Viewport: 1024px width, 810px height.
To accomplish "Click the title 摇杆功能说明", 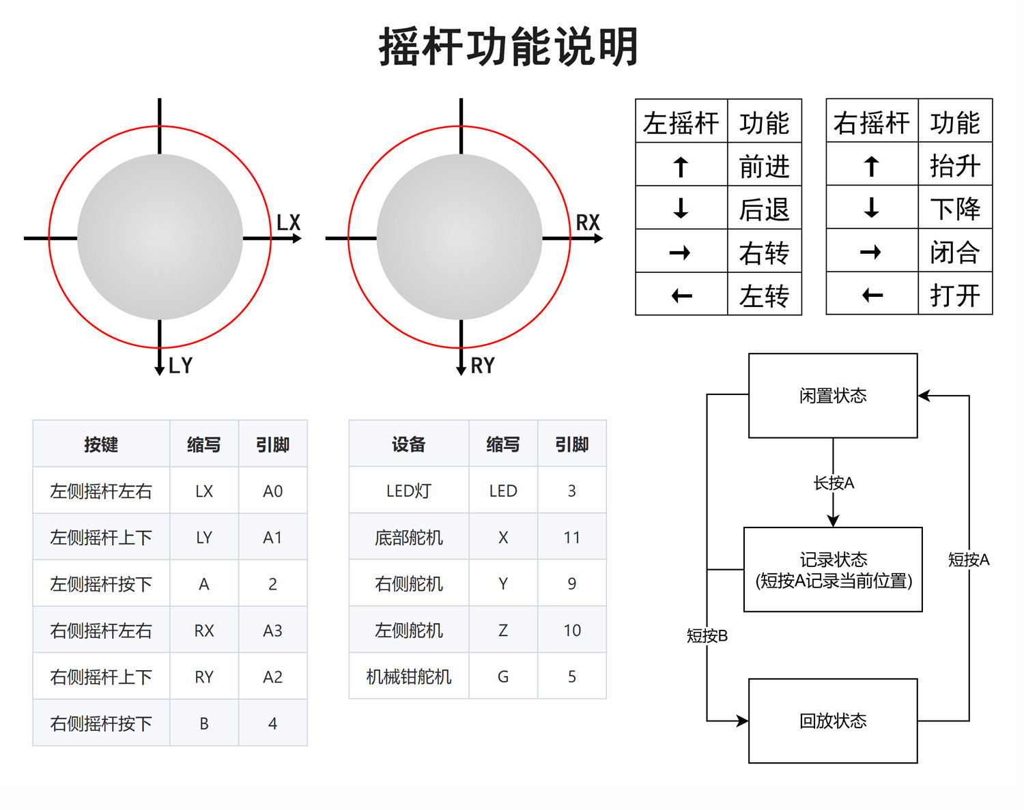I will [x=509, y=47].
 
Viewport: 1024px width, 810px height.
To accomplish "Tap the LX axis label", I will [x=288, y=222].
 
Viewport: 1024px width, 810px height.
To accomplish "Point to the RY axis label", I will [x=483, y=366].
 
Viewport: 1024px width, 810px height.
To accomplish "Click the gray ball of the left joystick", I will [x=160, y=237].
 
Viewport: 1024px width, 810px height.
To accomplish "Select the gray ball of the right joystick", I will [x=459, y=237].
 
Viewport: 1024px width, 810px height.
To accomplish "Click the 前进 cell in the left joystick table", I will [x=764, y=166].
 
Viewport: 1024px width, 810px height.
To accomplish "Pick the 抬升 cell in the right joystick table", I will [x=954, y=165].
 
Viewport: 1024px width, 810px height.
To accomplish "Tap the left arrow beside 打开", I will [x=872, y=295].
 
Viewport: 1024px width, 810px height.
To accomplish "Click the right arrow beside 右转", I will [x=680, y=253].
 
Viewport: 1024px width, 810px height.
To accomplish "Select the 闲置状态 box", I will [x=833, y=396].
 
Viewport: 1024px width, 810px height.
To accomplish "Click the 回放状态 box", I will [x=833, y=721].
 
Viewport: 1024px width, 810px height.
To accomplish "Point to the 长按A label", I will [x=834, y=483].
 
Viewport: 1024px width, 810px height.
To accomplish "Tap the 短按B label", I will [x=707, y=636].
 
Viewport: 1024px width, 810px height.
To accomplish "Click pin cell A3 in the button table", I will [x=272, y=631].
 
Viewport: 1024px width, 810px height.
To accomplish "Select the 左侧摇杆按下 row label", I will [x=101, y=584].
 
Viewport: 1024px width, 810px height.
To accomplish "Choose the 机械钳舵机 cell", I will [x=409, y=677].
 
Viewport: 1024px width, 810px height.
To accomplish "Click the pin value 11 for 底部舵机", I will [x=571, y=538].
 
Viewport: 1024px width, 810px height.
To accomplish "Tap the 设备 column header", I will [x=409, y=445].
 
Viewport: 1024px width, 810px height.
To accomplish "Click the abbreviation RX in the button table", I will [x=204, y=631].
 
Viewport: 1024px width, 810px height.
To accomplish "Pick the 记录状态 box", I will [x=833, y=570].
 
